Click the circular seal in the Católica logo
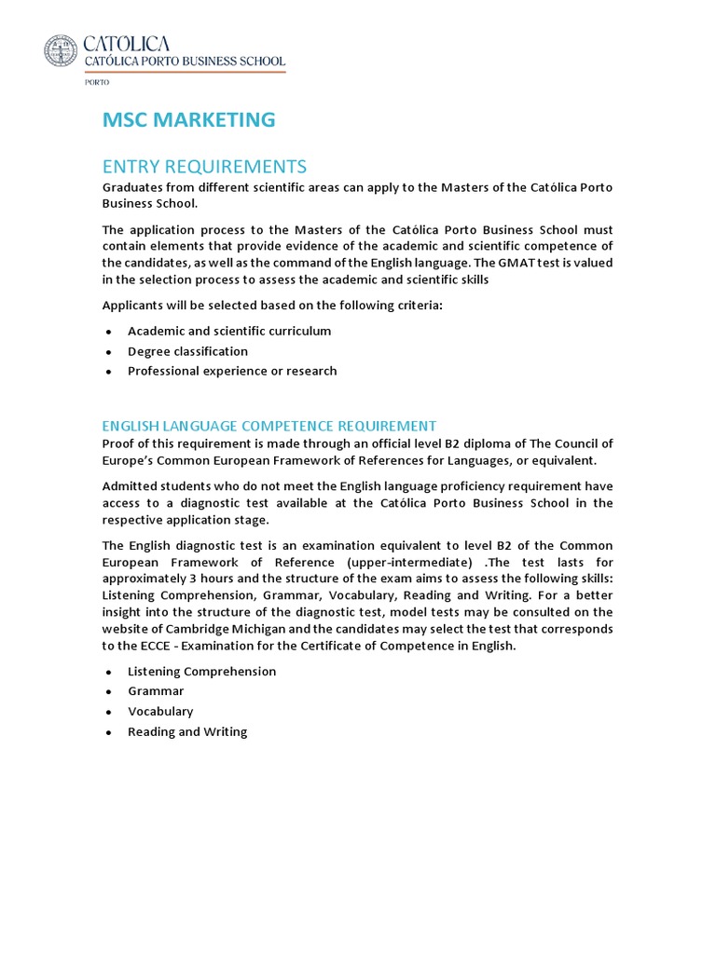(62, 50)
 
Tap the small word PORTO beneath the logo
(97, 82)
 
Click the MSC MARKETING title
(188, 119)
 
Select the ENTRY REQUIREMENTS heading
(204, 167)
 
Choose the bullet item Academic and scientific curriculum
(229, 331)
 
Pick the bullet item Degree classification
(187, 351)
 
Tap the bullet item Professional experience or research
(232, 371)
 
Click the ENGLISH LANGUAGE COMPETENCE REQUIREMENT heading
(269, 426)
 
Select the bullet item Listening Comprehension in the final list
(201, 671)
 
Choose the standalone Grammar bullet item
(156, 691)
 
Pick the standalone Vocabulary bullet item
(160, 712)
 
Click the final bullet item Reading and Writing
(187, 732)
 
